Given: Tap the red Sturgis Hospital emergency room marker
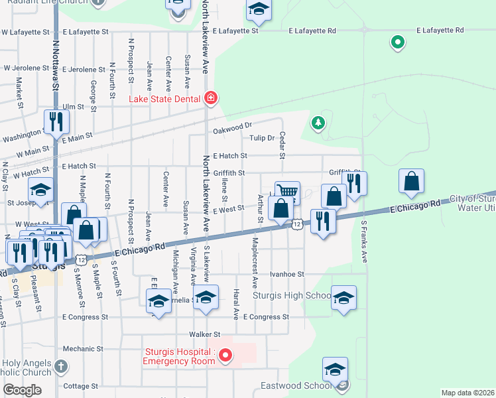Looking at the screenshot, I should (225, 356).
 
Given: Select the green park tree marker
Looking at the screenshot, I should (318, 123).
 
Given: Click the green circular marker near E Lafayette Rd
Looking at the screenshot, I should (398, 43).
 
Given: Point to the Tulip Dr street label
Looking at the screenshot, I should (262, 138).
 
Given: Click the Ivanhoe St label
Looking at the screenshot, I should (286, 273).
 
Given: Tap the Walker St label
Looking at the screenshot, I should (204, 334).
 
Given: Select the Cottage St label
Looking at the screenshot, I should (81, 385).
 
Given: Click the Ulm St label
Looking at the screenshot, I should (73, 106).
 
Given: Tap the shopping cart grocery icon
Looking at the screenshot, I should (287, 192).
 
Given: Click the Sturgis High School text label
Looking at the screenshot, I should (292, 295).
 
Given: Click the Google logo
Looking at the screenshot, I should (22, 390).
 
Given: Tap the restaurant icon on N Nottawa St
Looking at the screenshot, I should (56, 122).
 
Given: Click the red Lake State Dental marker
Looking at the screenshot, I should (211, 99).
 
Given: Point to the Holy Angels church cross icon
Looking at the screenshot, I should (60, 365).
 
